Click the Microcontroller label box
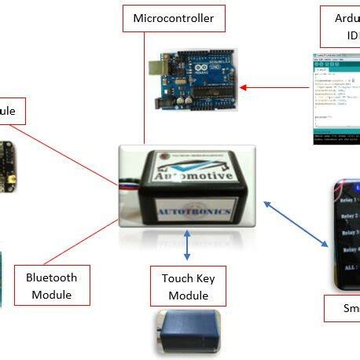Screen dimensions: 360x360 point(174,18)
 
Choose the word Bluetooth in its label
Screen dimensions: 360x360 point(51,277)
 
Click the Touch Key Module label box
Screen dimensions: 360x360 point(188,286)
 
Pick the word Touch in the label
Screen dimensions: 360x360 point(177,277)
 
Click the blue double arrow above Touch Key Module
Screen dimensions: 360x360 point(187,244)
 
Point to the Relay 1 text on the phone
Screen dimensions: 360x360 point(350,200)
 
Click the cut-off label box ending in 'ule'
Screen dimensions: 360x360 point(13,110)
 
